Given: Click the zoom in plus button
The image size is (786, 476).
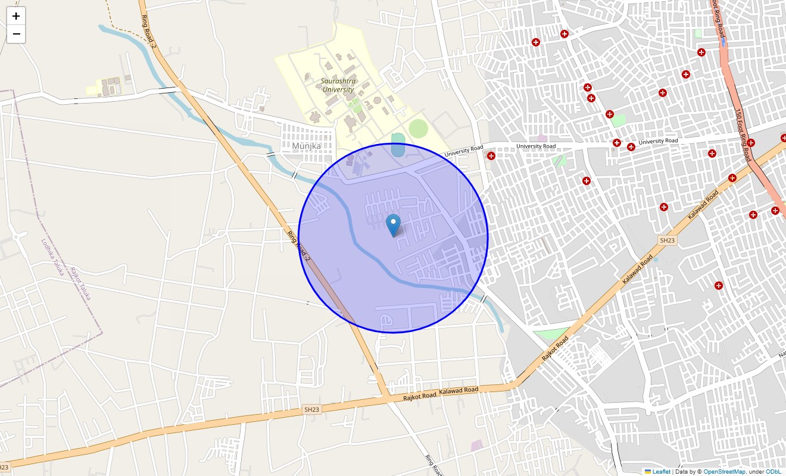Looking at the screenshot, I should point(16,16).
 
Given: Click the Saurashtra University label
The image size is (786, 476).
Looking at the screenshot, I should point(338,85).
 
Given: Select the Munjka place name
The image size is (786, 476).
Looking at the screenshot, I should point(307,146).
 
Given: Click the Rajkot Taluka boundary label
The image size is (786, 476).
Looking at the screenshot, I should point(80,283).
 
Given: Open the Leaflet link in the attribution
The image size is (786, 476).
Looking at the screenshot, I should point(661,472).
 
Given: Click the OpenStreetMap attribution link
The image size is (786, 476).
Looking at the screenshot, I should point(724,472).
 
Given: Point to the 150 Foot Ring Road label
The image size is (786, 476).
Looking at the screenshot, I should point(742,135).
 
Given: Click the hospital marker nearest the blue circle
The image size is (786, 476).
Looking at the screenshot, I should point(491,156).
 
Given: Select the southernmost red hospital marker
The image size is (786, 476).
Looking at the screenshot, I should point(719,286).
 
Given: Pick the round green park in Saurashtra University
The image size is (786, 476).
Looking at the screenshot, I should point(418,128).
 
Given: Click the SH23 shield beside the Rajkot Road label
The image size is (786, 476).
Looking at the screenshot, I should point(311,410).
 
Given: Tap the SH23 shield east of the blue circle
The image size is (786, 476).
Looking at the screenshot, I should point(667,240).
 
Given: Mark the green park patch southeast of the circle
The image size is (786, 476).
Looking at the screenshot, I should point(550,334).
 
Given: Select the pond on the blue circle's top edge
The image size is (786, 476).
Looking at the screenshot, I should point(398,145).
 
